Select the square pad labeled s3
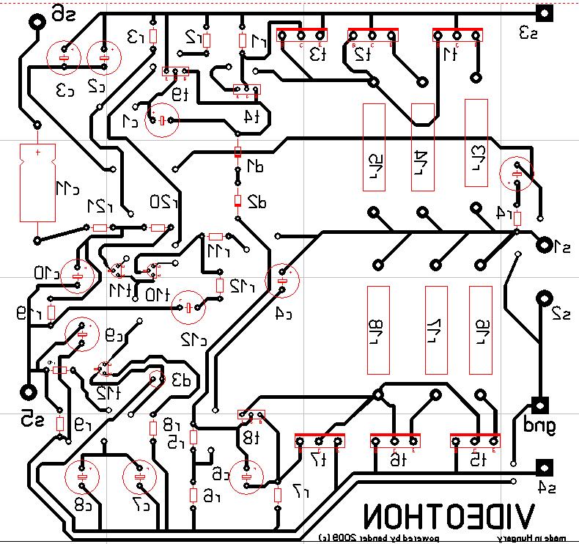[x=544, y=12]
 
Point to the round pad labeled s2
[x=543, y=298]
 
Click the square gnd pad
[x=541, y=405]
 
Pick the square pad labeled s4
[x=544, y=468]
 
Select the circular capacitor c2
[x=103, y=56]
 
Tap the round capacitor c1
[x=161, y=121]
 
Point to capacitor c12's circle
[x=188, y=306]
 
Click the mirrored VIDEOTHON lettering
[x=448, y=516]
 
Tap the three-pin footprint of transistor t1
[x=457, y=34]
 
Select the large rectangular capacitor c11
[x=37, y=183]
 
